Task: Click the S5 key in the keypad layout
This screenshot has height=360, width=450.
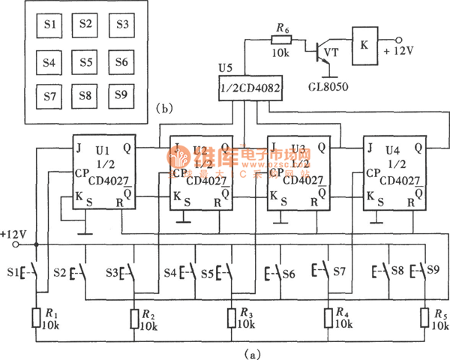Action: [x=85, y=60]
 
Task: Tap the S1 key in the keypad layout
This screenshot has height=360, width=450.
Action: [x=49, y=25]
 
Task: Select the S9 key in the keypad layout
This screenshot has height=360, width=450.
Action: [x=121, y=95]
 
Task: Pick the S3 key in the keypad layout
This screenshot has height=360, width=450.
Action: [x=121, y=25]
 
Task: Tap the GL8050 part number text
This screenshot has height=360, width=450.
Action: [x=326, y=85]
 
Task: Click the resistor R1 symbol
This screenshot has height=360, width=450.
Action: [x=37, y=319]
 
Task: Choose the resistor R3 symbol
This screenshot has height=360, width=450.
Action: [x=230, y=319]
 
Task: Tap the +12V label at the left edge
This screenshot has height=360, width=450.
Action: [x=13, y=234]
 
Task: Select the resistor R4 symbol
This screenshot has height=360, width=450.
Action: [x=328, y=319]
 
